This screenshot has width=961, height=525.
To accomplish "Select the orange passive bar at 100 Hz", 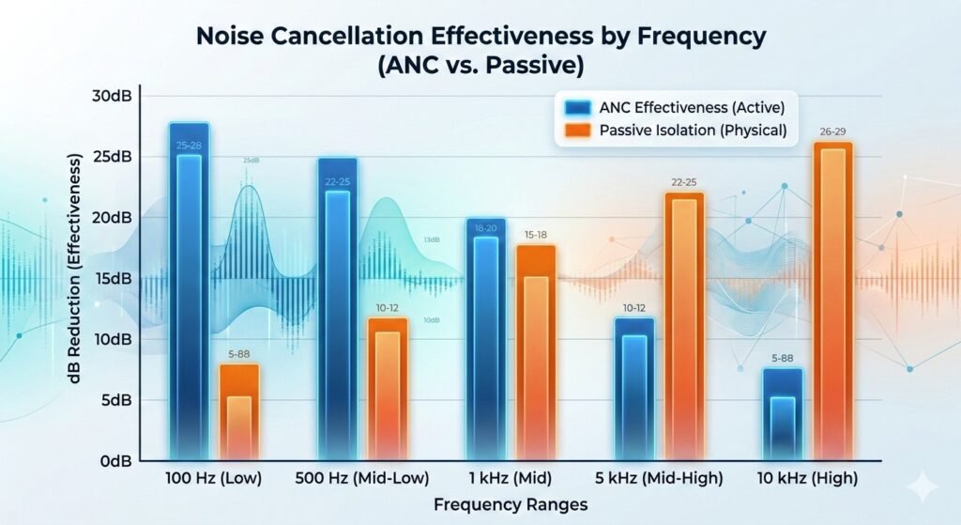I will [239, 413].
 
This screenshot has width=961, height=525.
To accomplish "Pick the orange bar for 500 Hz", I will [388, 390].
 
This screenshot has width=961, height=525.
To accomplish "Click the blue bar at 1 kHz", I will [485, 343].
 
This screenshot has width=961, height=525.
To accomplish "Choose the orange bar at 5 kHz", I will [684, 329].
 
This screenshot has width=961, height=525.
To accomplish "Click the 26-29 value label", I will [832, 131].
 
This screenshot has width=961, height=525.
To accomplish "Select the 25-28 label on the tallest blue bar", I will [189, 146].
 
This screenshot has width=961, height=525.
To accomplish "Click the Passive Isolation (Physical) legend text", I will [693, 130].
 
